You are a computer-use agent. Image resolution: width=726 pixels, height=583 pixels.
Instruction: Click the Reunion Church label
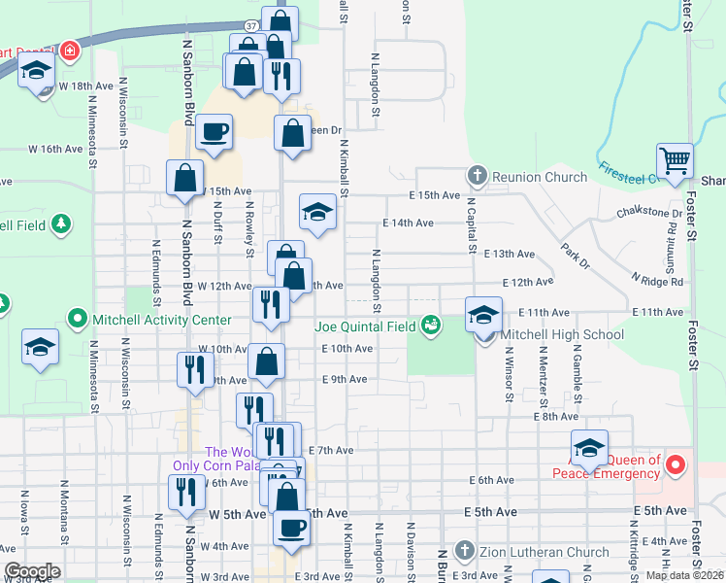540,177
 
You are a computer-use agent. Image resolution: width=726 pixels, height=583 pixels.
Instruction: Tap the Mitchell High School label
562,335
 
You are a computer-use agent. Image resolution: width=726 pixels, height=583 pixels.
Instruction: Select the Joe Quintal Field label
366,326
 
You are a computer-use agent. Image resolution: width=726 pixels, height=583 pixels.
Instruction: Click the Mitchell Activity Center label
162,320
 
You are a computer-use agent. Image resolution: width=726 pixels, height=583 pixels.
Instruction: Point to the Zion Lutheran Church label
534,552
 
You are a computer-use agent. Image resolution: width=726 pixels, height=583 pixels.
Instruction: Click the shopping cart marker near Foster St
674,160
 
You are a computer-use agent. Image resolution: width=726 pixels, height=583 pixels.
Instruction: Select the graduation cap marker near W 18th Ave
36,74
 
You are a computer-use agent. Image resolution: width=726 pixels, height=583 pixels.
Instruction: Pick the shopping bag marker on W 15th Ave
183,180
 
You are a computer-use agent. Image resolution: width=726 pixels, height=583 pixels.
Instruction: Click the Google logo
32,571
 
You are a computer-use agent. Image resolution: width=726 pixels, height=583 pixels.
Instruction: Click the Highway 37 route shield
250,24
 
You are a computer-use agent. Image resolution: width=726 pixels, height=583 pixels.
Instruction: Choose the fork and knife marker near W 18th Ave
281,76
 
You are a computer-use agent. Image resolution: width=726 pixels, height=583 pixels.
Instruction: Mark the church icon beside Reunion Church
477,176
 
